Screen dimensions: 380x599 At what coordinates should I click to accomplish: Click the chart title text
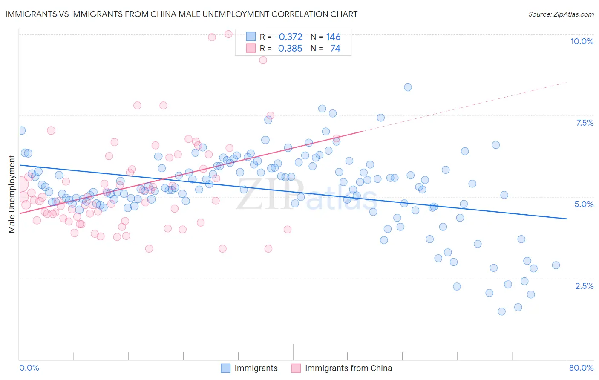coord(181,14)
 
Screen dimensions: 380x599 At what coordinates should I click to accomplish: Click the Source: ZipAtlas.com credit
coord(561,14)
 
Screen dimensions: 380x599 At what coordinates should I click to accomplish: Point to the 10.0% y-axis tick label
coord(582,41)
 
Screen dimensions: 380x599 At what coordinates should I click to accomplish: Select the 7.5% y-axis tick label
coord(585,123)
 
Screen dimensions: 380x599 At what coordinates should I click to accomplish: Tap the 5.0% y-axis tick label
coord(584,204)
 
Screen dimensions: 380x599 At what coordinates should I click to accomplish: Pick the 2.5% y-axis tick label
coord(584,286)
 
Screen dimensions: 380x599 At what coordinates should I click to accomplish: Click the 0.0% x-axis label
coord(29,368)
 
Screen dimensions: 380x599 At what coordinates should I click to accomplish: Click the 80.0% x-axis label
coord(581,368)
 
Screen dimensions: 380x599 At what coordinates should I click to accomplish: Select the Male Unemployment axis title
coord(12,194)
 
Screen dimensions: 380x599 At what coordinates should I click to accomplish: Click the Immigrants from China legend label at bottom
coord(348,368)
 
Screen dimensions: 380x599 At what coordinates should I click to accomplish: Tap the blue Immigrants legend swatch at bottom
coord(226,368)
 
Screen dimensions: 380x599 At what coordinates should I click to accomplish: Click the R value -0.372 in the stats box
coord(288,37)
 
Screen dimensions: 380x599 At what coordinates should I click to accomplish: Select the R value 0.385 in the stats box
coord(290,49)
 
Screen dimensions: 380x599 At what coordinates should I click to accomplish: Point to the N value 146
coord(333,37)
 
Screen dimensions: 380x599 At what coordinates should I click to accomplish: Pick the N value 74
coord(335,49)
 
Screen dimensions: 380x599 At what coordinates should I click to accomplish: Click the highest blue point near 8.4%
coord(408,87)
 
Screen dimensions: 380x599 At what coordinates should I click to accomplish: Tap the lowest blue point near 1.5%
coord(501,311)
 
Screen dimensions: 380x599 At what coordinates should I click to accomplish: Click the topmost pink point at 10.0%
coord(228,34)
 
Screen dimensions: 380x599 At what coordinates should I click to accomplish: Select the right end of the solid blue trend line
coord(567,219)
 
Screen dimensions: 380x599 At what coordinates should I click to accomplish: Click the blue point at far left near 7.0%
coord(21,131)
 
